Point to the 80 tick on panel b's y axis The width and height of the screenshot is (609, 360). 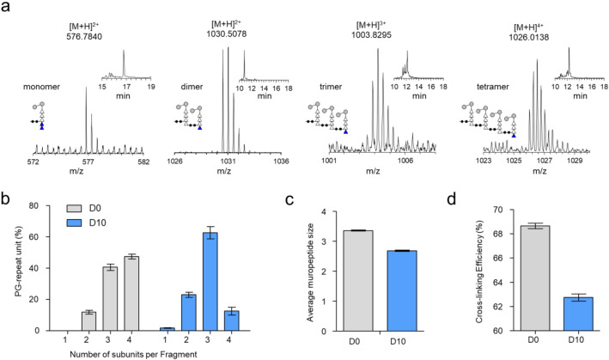click(46, 206)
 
